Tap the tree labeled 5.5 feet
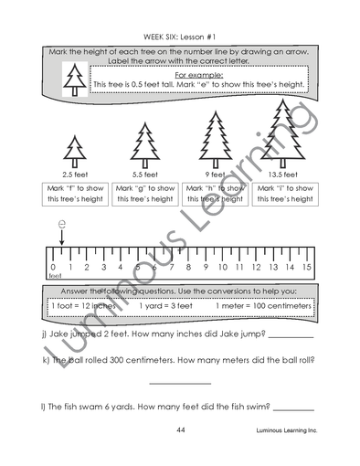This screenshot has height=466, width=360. (x=143, y=144)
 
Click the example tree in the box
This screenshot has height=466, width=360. (x=72, y=81)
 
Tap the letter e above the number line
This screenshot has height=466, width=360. (x=61, y=223)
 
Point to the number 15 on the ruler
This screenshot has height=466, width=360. (x=306, y=268)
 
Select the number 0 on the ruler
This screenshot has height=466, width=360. (x=53, y=268)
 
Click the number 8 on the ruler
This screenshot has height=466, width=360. (x=189, y=268)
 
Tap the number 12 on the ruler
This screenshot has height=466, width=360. (x=256, y=268)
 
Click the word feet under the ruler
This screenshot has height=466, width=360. (x=55, y=276)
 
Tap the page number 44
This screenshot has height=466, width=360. (x=181, y=429)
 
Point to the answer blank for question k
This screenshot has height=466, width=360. (x=179, y=382)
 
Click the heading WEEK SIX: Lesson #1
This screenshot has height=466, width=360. (x=180, y=37)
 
